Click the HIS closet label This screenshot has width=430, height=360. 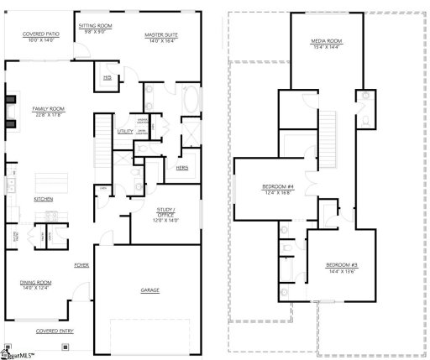(x=107, y=78)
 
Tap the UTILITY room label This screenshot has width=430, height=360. (x=126, y=132)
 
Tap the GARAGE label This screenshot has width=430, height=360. (x=150, y=290)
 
